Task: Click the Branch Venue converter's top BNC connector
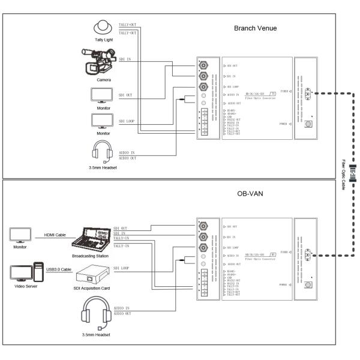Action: coord(204,65)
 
